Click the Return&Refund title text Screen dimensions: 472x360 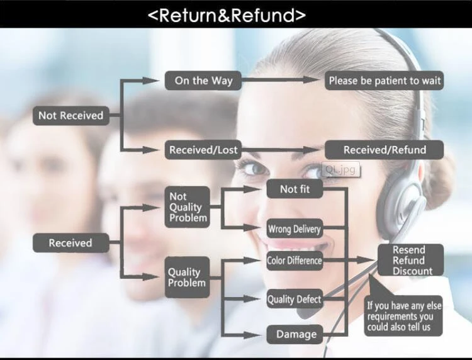pyautogui.click(x=227, y=14)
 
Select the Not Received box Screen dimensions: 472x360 pyautogui.click(x=70, y=115)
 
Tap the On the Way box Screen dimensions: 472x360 pyautogui.click(x=203, y=81)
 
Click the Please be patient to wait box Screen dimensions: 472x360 pyautogui.click(x=385, y=81)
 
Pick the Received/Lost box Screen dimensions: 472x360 pyautogui.click(x=203, y=150)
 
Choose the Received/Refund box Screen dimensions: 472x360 pyautogui.click(x=384, y=150)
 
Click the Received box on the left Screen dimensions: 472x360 pyautogui.click(x=70, y=243)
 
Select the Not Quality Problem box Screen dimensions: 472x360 pyautogui.click(x=188, y=207)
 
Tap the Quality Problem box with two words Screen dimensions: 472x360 pyautogui.click(x=187, y=278)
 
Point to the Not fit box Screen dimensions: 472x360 pyautogui.click(x=295, y=189)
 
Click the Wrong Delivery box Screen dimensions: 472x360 pyautogui.click(x=295, y=229)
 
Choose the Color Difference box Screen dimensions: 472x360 pyautogui.click(x=295, y=261)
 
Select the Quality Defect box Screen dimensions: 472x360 pyautogui.click(x=295, y=300)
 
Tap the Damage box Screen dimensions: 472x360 pyautogui.click(x=295, y=334)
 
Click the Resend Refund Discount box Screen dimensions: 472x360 pyautogui.click(x=410, y=261)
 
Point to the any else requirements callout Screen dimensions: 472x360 pyautogui.click(x=404, y=317)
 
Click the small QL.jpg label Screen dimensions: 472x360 pyautogui.click(x=340, y=169)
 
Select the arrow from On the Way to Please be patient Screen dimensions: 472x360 pyautogui.click(x=283, y=80)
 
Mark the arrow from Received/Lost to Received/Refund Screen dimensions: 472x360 pyautogui.click(x=281, y=150)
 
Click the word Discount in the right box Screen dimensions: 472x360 pyautogui.click(x=413, y=271)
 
